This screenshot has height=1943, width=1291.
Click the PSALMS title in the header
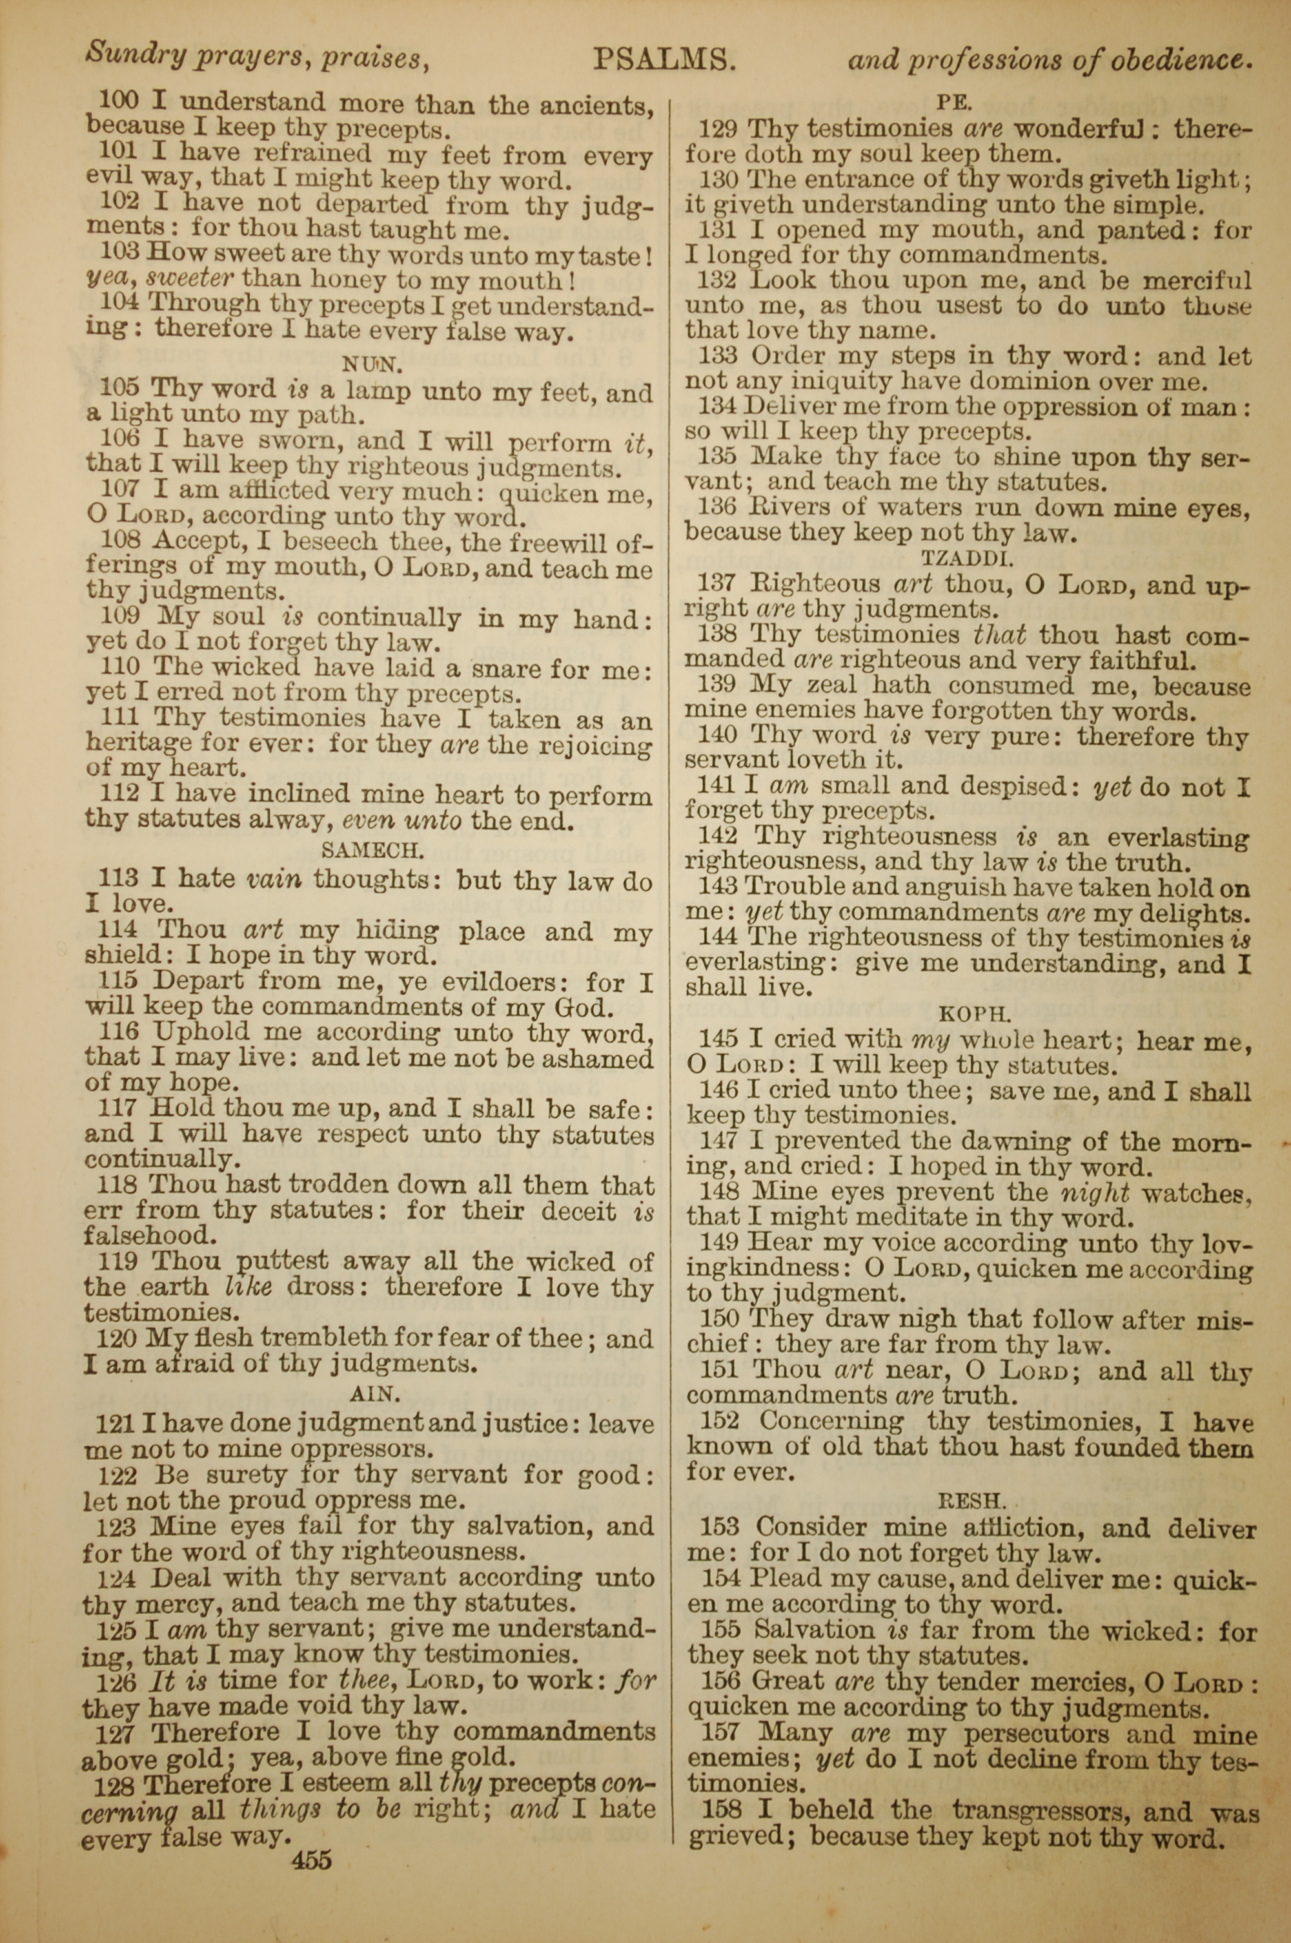(x=664, y=60)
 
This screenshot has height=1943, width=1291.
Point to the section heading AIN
(x=374, y=1393)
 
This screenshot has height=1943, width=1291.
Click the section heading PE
(x=955, y=102)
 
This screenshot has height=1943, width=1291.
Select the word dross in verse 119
(x=329, y=1287)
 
